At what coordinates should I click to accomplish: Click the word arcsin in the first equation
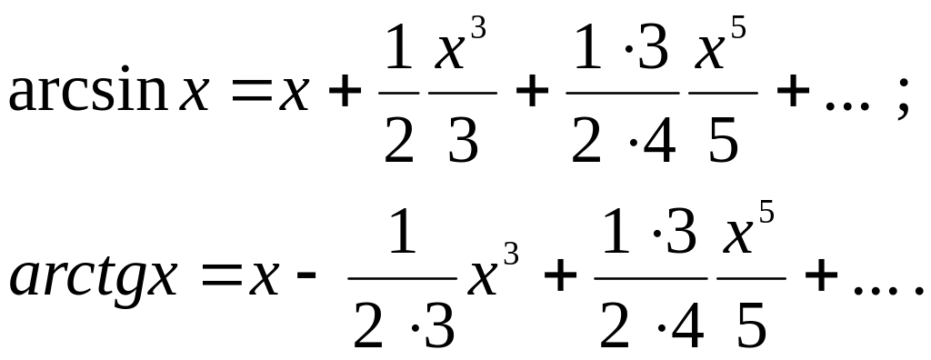[x=88, y=89]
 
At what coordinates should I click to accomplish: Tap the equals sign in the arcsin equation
[x=250, y=94]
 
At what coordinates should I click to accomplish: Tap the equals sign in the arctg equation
[x=221, y=277]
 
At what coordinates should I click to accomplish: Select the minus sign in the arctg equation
[x=306, y=277]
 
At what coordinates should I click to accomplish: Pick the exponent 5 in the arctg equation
[x=766, y=212]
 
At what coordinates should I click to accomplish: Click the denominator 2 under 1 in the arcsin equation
[x=398, y=140]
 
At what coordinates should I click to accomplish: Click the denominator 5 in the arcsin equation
[x=723, y=141]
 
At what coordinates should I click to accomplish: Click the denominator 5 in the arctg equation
[x=752, y=325]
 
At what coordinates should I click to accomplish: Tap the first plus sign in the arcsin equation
[x=345, y=94]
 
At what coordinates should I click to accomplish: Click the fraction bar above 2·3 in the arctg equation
[x=403, y=277]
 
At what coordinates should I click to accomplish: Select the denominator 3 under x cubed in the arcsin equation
[x=463, y=140]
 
